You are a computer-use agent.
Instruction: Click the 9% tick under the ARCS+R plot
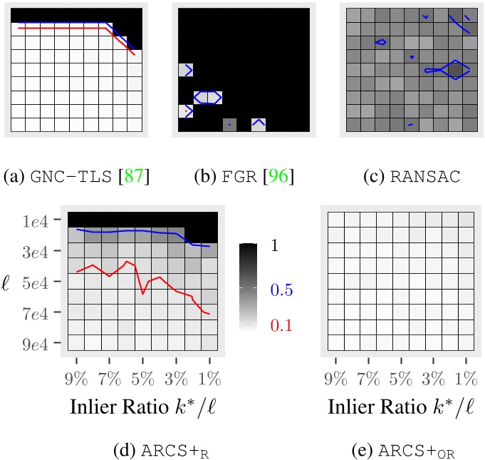[x=76, y=376]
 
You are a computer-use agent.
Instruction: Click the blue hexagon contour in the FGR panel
[x=207, y=97]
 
